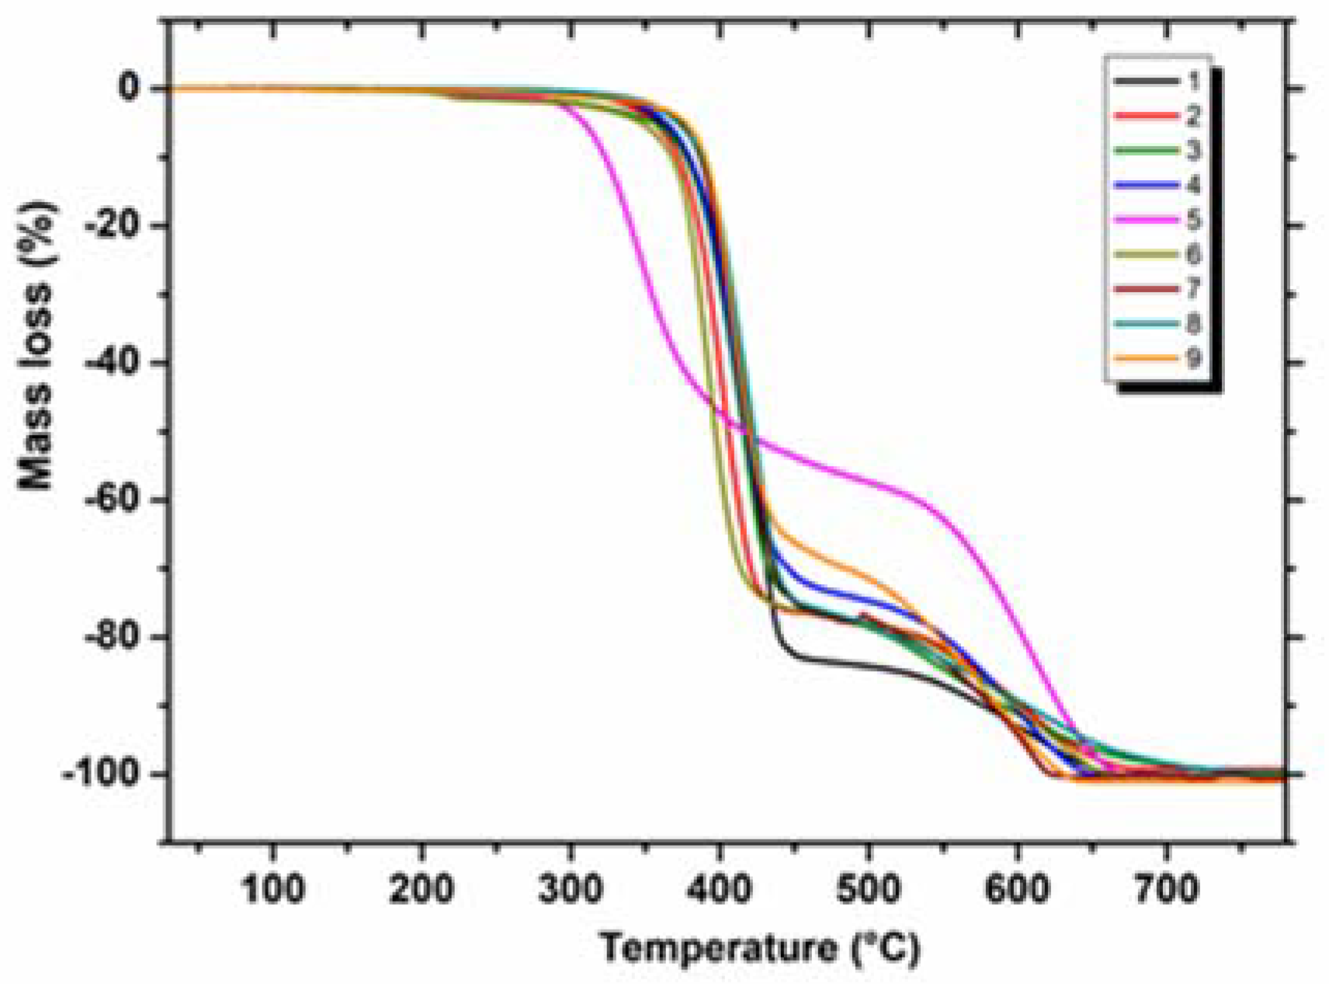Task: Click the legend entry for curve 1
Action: [x=1157, y=81]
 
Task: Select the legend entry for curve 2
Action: [x=1157, y=116]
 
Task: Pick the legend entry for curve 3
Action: [x=1157, y=150]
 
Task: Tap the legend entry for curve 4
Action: [x=1157, y=185]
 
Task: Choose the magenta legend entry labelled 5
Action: [x=1157, y=220]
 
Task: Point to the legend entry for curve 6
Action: [x=1157, y=254]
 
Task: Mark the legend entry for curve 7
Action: [x=1157, y=289]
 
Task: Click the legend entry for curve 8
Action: [x=1157, y=324]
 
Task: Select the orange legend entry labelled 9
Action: [x=1157, y=358]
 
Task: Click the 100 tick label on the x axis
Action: [x=272, y=888]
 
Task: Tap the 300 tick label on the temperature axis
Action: [x=571, y=888]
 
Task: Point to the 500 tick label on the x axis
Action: [x=868, y=888]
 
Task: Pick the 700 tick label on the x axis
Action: [x=1166, y=888]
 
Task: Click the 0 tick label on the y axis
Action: [x=130, y=88]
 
